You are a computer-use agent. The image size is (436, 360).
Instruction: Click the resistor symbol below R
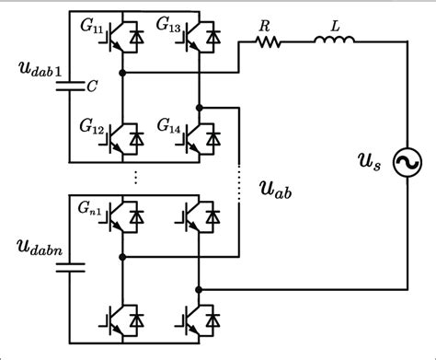coord(263,41)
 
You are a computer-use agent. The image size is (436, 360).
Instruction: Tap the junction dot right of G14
coord(199,107)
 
